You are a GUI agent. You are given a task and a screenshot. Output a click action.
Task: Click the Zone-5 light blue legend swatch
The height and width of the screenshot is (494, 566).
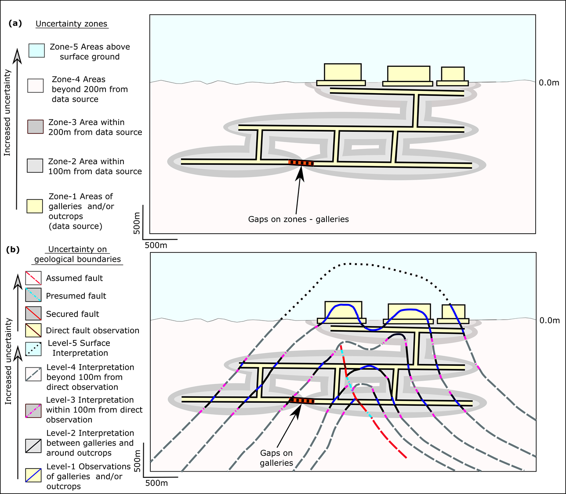pos(36,50)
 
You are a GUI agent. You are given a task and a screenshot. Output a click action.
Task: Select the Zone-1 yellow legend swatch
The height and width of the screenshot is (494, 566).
pos(35,206)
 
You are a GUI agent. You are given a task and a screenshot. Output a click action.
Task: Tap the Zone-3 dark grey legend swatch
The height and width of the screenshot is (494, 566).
pos(36,126)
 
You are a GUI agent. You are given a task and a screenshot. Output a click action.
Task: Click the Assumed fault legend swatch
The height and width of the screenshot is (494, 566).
pos(33,278)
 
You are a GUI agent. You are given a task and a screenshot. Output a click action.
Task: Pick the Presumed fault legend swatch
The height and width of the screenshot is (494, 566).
pos(33,295)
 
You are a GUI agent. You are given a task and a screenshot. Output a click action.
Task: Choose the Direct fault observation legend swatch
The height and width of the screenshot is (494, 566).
pos(33,330)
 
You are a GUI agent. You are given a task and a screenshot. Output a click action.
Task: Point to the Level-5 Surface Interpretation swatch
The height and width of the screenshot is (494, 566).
pos(33,349)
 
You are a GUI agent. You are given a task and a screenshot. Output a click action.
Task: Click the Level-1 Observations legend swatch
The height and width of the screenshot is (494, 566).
pos(33,475)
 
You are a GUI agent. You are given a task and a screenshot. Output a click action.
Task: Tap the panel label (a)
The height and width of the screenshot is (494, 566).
pos(15,23)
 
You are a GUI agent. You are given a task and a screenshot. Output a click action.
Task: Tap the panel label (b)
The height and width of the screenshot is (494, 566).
pos(13,249)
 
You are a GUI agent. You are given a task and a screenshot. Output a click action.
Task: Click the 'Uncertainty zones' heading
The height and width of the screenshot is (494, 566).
pos(71,24)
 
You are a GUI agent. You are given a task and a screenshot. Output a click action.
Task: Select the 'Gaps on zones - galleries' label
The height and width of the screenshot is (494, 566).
pos(298,219)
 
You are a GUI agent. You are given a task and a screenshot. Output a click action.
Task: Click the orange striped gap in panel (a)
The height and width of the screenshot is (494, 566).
pos(301,163)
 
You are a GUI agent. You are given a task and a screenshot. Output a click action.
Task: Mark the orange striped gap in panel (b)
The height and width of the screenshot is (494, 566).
pos(301,400)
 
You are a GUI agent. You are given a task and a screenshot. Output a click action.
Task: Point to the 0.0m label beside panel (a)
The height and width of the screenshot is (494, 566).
pos(549,83)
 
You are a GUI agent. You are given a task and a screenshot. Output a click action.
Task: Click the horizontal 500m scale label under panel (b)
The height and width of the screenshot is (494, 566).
pos(156,483)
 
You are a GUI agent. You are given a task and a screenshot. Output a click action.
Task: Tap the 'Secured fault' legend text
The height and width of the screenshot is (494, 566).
pos(73,314)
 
